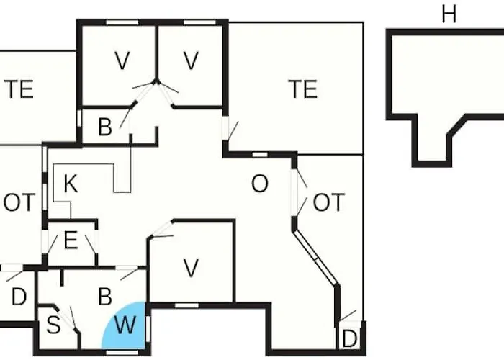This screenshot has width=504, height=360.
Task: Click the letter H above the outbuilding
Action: (449, 14)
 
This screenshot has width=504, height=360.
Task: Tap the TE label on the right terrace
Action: (303, 89)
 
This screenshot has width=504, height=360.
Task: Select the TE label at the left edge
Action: (19, 89)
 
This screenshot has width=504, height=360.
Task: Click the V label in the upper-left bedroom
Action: (122, 60)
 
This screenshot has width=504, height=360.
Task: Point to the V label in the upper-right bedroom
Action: (191, 60)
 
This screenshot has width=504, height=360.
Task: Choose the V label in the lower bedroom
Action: (191, 268)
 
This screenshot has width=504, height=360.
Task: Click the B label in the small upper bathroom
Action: (105, 127)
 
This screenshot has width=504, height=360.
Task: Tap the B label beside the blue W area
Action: (105, 297)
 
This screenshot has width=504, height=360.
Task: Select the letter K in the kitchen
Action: (71, 184)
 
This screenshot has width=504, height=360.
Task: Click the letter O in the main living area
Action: (259, 184)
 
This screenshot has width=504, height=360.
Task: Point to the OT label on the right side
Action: (328, 202)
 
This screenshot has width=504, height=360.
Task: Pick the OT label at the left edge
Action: (19, 202)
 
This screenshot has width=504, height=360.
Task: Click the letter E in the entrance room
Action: (71, 240)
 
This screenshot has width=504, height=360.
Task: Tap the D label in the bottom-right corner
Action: (350, 339)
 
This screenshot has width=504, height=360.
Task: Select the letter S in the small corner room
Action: (53, 325)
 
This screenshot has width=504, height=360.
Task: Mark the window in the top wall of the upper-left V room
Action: (122, 22)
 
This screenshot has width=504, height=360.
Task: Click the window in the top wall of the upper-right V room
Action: (199, 22)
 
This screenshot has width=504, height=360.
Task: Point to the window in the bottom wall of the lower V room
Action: (186, 305)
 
